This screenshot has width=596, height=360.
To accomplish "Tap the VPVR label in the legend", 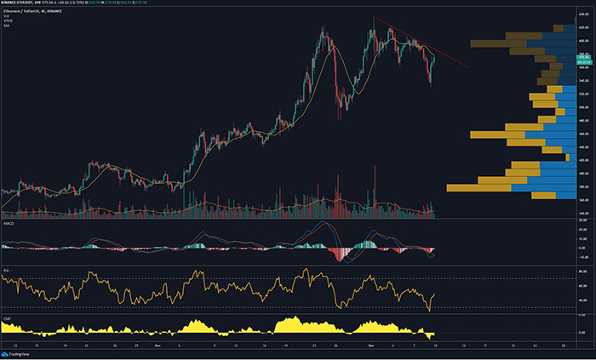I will coord(9,21).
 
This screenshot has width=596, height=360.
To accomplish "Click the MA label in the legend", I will coord(7,26).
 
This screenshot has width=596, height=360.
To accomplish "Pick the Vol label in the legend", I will coord(7,16).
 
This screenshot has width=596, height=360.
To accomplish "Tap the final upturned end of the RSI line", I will coord(434,294).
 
